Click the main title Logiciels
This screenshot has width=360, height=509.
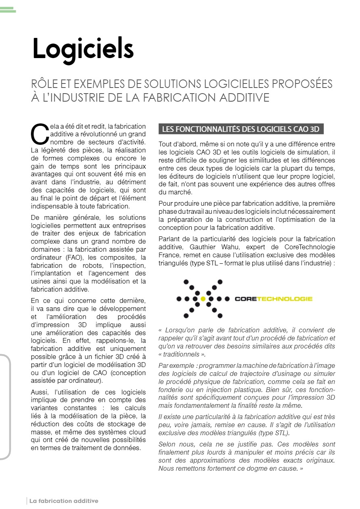[x=83, y=49]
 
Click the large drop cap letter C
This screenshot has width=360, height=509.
[x=39, y=133]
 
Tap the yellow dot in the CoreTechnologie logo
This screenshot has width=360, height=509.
[x=203, y=299]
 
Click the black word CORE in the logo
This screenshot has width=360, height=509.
[x=245, y=299]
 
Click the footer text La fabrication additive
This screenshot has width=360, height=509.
[x=64, y=501]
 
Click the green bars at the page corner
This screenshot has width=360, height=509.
[x=8, y=10]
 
